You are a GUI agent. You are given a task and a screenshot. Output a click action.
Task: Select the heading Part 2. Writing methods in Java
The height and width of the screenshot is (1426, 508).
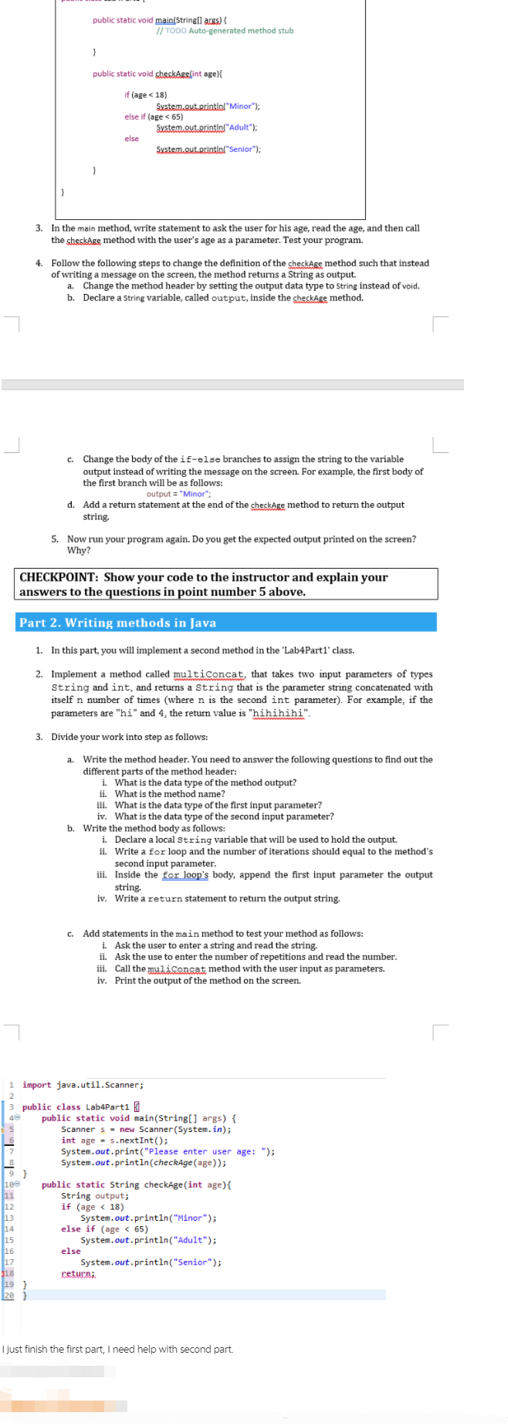click(117, 623)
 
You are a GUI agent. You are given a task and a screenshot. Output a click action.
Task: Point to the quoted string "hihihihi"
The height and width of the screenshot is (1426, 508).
click(279, 713)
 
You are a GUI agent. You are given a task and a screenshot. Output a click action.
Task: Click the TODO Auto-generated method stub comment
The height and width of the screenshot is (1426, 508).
click(225, 31)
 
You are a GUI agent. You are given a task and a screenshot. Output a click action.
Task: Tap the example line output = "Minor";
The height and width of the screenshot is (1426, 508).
click(178, 494)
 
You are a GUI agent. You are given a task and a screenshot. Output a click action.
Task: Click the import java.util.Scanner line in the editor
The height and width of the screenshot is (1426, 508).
click(83, 1085)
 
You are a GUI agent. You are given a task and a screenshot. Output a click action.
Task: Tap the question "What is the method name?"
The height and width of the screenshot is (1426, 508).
click(170, 794)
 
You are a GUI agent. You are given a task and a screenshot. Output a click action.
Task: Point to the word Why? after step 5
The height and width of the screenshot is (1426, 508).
click(78, 550)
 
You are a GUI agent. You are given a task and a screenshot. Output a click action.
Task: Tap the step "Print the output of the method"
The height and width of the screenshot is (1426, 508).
click(208, 981)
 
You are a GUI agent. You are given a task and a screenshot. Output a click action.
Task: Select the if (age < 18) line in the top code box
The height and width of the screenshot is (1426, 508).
click(146, 95)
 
